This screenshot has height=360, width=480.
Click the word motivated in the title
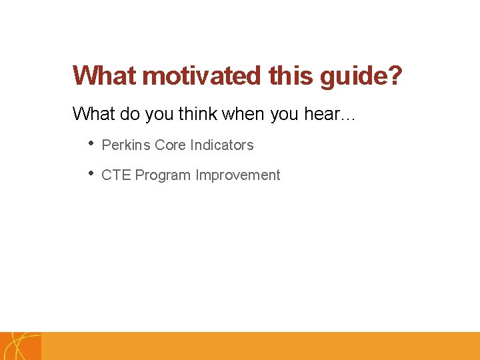pyautogui.click(x=201, y=76)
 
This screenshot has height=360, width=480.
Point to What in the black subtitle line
pyautogui.click(x=93, y=114)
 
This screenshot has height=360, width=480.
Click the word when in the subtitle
pyautogui.click(x=245, y=114)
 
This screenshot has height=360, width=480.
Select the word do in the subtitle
pyautogui.click(x=130, y=114)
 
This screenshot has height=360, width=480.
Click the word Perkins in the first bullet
pyautogui.click(x=126, y=145)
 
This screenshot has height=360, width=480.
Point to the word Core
pyautogui.click(x=170, y=145)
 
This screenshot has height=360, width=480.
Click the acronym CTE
pyautogui.click(x=115, y=175)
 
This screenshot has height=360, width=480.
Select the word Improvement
pyautogui.click(x=237, y=175)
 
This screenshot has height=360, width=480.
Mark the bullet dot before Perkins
pyautogui.click(x=91, y=144)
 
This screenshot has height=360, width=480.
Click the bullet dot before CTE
pyautogui.click(x=91, y=174)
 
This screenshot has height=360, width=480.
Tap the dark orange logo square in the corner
pyautogui.click(x=20, y=346)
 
